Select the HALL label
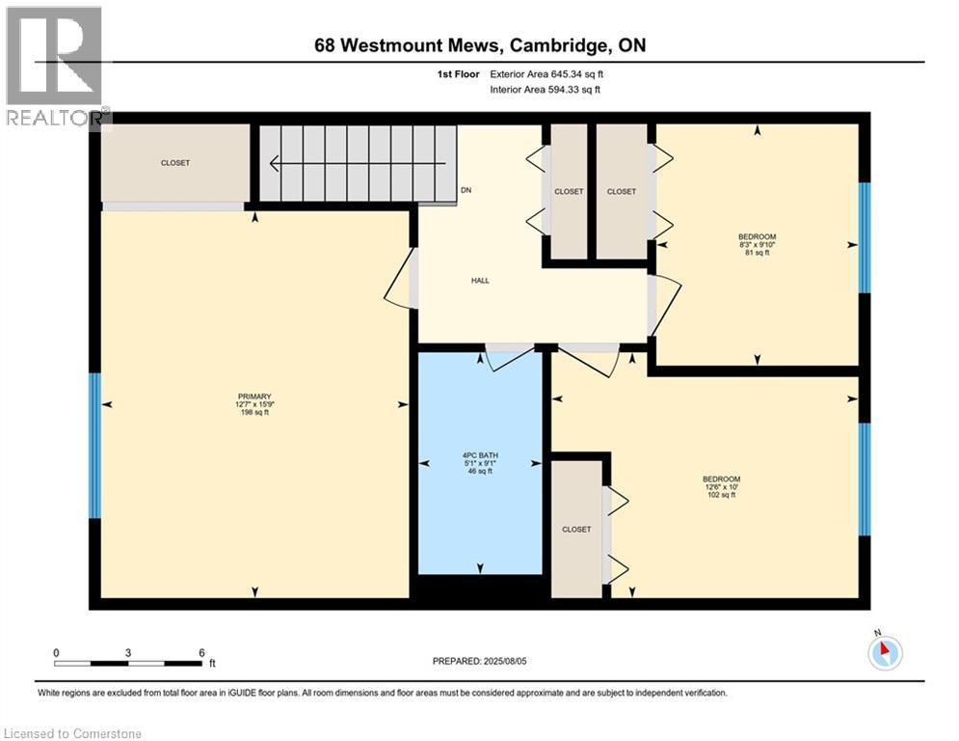click(x=480, y=281)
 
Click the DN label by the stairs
click(x=466, y=190)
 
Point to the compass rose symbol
click(x=884, y=652)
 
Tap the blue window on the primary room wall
click(x=94, y=446)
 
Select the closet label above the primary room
click(x=175, y=163)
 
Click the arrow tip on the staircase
click(x=274, y=165)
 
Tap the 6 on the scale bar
click(x=200, y=652)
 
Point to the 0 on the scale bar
click(x=57, y=652)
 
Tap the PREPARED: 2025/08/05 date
click(x=479, y=661)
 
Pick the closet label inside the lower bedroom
click(x=576, y=529)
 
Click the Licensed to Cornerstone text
click(x=72, y=733)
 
